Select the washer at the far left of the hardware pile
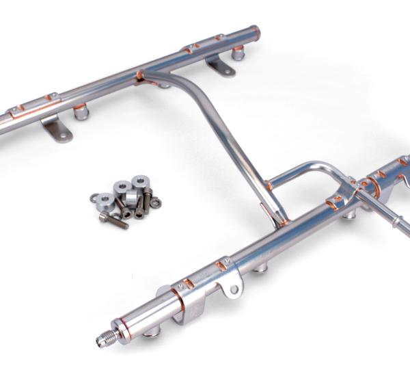94,198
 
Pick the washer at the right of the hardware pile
155,202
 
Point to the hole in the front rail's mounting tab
234,290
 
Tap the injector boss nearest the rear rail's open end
238,53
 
